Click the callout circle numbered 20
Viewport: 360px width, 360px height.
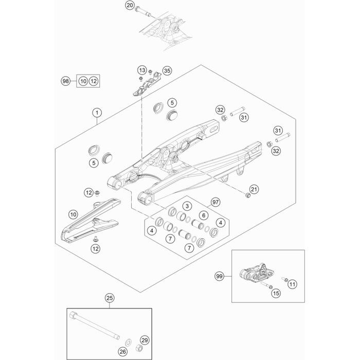click(130, 6)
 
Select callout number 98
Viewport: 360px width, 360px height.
click(65, 81)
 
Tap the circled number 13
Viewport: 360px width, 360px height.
click(141, 70)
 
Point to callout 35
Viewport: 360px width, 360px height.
click(166, 70)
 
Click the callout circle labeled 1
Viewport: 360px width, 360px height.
click(96, 111)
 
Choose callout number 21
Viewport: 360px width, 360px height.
click(254, 189)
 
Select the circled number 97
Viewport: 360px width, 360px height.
click(215, 203)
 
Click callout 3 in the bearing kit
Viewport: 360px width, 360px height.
click(173, 206)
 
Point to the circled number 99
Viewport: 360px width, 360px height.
click(219, 277)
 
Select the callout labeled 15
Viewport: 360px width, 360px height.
click(276, 293)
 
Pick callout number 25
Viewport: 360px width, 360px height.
click(109, 298)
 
